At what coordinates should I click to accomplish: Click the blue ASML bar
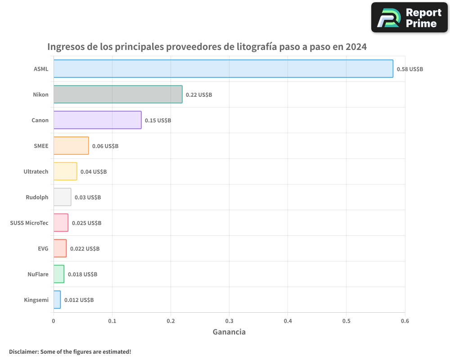point(223,69)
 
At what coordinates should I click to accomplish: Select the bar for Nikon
point(118,94)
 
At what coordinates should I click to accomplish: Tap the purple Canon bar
point(97,120)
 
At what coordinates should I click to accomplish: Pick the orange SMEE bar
point(71,146)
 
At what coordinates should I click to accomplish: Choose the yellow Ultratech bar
point(65,171)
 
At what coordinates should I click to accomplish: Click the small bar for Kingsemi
point(57,300)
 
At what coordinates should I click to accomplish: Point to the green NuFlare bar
point(59,274)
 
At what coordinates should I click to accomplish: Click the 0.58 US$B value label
point(409,69)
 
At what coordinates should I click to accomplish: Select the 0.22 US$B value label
point(199,95)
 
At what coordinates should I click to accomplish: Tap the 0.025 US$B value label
point(86,223)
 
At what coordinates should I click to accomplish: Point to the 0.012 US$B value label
point(79,300)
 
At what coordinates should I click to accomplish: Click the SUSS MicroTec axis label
point(29,223)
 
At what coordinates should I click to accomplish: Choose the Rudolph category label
point(37,197)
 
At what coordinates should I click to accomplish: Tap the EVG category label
point(43,248)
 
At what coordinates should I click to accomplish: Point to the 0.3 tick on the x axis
point(229,321)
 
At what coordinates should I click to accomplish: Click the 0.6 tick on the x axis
point(405,321)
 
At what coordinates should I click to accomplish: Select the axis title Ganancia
point(229,332)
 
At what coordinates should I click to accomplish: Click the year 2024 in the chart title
point(355,47)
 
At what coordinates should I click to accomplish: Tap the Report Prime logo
point(409,18)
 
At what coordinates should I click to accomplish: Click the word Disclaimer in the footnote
point(23,351)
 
